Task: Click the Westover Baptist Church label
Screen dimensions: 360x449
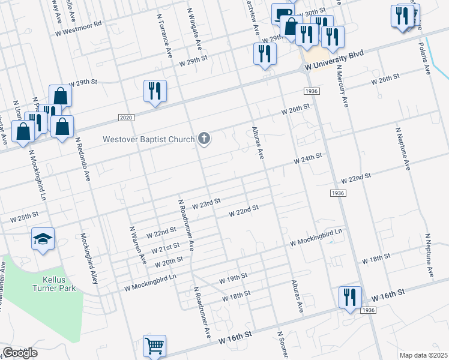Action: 148,140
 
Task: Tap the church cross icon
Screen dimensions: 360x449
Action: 204,140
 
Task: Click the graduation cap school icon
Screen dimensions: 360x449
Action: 43,239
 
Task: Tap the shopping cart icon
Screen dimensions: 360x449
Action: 154,346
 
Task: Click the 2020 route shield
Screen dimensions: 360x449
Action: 125,116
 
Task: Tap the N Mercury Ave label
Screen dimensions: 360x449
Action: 341,85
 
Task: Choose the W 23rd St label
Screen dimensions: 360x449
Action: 207,205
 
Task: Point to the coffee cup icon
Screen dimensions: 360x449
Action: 282,13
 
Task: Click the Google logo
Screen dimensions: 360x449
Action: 20,353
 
